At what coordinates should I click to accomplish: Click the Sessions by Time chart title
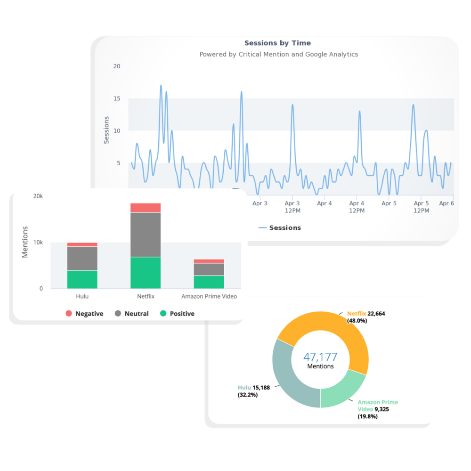(x=277, y=43)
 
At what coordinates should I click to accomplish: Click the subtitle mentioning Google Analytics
(x=278, y=55)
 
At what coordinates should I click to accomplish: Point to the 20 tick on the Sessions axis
(x=116, y=66)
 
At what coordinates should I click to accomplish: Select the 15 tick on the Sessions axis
(x=116, y=98)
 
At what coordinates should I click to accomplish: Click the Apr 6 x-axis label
(x=446, y=203)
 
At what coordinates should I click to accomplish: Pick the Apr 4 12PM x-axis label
(x=357, y=207)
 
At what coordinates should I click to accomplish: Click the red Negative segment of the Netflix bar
(x=146, y=208)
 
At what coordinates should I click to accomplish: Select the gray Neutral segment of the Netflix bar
(x=146, y=235)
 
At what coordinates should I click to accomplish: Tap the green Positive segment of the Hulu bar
(x=82, y=279)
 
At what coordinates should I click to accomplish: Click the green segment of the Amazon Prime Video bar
(x=209, y=282)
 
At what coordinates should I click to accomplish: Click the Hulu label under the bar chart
(x=82, y=297)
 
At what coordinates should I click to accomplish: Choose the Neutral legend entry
(x=131, y=314)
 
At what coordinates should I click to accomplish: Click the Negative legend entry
(x=84, y=314)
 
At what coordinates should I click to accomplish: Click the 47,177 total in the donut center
(x=320, y=357)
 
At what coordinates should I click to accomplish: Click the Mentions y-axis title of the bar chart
(x=25, y=242)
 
